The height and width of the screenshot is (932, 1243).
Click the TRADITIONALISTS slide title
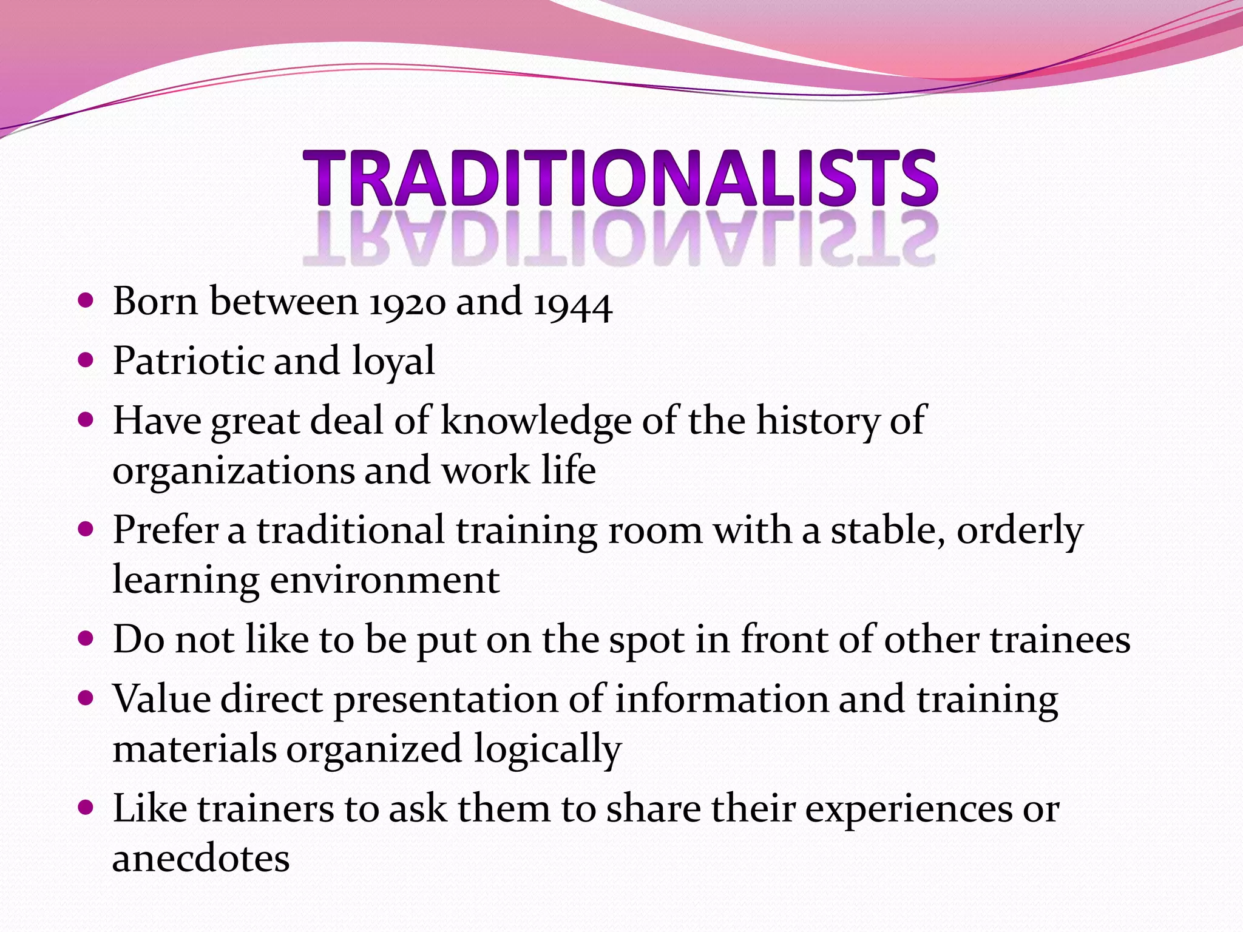click(620, 178)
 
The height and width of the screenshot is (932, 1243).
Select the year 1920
click(407, 303)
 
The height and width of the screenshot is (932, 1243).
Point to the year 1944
click(573, 304)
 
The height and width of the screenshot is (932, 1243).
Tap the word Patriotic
click(188, 361)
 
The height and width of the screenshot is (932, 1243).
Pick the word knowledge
click(536, 421)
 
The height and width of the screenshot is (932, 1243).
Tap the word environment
click(385, 580)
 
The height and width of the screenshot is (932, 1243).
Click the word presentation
click(445, 700)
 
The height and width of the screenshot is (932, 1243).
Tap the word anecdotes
click(201, 858)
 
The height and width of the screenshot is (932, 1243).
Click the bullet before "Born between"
click(86, 300)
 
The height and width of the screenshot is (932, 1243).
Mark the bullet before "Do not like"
click(86, 638)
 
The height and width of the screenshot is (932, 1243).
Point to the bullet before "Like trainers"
click(86, 808)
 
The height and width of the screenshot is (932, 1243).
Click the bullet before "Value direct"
click(86, 698)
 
